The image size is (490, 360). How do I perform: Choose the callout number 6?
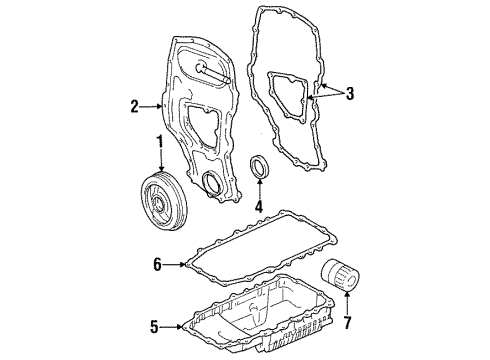pos(157,264)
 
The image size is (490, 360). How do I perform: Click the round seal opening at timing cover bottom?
pos(214,182)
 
